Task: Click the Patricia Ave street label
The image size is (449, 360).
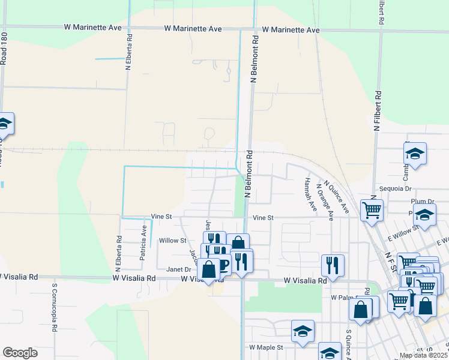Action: point(143,242)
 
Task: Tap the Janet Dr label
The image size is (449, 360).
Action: point(179,269)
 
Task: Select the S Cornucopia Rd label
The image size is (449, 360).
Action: point(54,308)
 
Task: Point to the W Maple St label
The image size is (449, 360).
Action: point(265,347)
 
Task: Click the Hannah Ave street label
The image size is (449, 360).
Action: point(310,194)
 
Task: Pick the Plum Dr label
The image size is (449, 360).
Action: point(422,202)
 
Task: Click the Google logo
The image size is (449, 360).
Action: point(20,352)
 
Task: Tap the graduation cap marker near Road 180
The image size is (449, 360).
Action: point(5,124)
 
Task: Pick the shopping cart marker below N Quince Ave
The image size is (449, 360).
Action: point(372,209)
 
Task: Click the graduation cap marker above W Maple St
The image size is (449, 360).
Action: point(303,331)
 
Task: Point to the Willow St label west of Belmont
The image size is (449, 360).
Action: point(172,241)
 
